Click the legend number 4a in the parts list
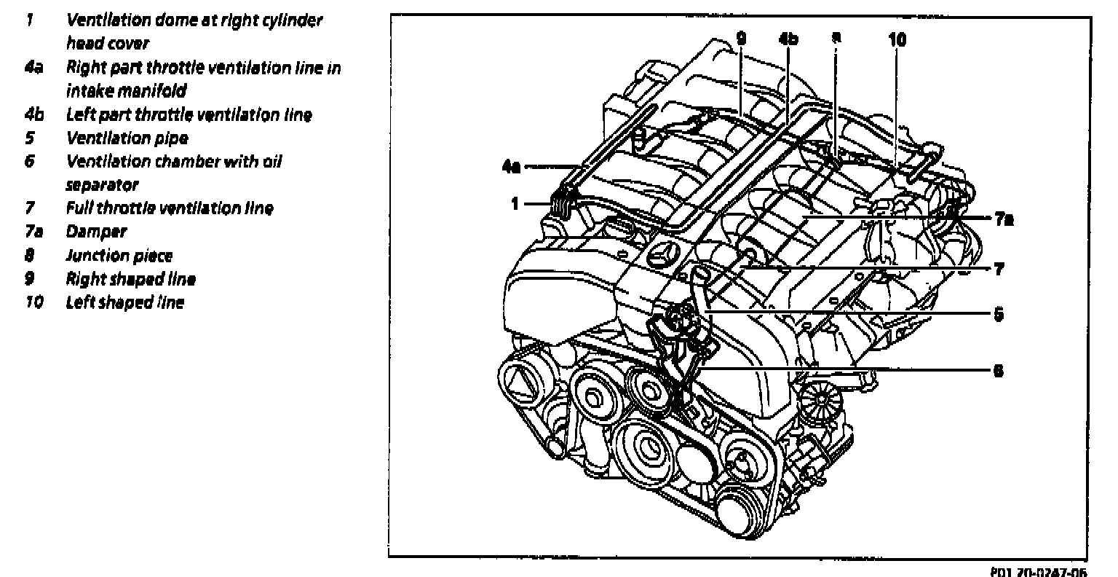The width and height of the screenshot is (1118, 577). (33, 67)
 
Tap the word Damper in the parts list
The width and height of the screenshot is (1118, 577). (96, 232)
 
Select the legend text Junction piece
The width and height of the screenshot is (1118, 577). (119, 255)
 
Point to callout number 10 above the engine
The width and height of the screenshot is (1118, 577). (897, 39)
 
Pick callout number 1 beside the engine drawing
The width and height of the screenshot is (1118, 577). (515, 204)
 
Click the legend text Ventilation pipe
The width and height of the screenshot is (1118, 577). (127, 138)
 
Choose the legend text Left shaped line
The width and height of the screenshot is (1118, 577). (124, 302)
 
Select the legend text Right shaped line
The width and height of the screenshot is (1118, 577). (130, 278)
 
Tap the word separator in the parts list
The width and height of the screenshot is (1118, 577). (101, 185)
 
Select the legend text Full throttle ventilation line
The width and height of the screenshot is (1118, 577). (170, 208)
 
